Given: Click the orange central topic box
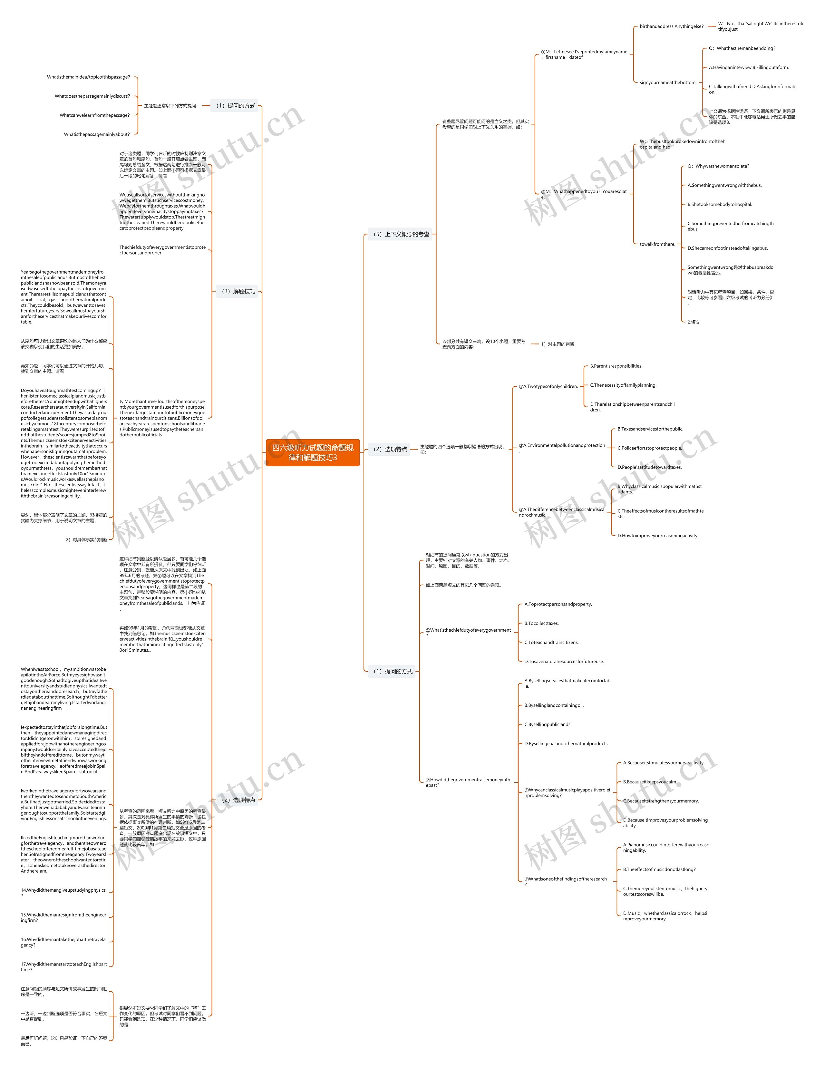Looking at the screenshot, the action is pyautogui.click(x=313, y=452).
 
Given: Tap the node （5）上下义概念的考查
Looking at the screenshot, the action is pyautogui.click(x=401, y=235).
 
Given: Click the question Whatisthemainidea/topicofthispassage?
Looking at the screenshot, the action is pyautogui.click(x=88, y=77).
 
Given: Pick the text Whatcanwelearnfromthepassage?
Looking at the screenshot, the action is pyautogui.click(x=95, y=115).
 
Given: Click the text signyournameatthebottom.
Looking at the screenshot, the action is pyautogui.click(x=668, y=82).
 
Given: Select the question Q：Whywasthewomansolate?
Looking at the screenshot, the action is pyautogui.click(x=718, y=166).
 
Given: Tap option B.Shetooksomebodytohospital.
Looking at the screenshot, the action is pyautogui.click(x=720, y=204).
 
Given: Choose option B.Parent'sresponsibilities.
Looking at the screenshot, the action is pyautogui.click(x=616, y=366).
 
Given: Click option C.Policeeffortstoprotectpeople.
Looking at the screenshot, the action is pyautogui.click(x=649, y=448).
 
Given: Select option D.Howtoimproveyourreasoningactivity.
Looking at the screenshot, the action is pyautogui.click(x=657, y=536).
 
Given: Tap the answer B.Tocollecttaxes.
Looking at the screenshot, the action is pyautogui.click(x=541, y=623).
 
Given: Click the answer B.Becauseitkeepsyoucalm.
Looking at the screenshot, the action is pyautogui.click(x=650, y=782).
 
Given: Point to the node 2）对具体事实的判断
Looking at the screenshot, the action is pyautogui.click(x=86, y=540).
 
